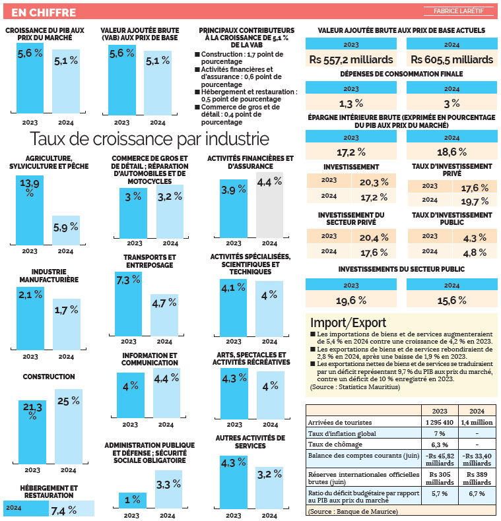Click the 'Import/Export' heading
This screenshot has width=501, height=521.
point(348,322)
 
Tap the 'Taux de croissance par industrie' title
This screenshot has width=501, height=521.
point(149,139)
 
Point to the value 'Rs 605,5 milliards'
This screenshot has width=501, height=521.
point(452,60)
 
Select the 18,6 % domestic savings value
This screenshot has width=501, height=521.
point(452,152)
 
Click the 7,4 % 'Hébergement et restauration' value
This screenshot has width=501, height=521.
point(63,510)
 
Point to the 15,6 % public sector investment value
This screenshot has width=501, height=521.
point(452,300)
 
